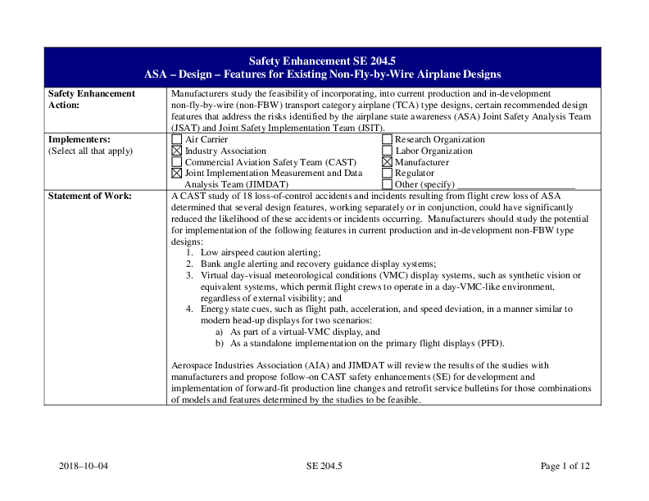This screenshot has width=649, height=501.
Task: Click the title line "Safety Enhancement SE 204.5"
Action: pyautogui.click(x=324, y=61)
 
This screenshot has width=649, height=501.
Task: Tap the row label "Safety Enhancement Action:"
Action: pyautogui.click(x=92, y=99)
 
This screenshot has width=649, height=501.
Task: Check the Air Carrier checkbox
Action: pyautogui.click(x=177, y=139)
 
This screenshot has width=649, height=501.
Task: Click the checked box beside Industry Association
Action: pyautogui.click(x=177, y=151)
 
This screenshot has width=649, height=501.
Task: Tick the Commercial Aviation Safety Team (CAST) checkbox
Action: pyautogui.click(x=177, y=162)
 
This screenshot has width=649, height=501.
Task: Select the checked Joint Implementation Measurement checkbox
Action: pyautogui.click(x=177, y=174)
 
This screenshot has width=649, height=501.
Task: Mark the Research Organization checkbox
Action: pyautogui.click(x=388, y=139)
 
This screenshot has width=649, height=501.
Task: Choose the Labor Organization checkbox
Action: pyautogui.click(x=388, y=151)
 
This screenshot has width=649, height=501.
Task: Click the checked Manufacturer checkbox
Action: pyautogui.click(x=388, y=162)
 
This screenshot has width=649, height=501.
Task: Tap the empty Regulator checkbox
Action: pyautogui.click(x=388, y=174)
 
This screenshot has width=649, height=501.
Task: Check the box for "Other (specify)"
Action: pyautogui.click(x=388, y=185)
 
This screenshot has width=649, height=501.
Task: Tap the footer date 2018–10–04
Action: pyautogui.click(x=84, y=467)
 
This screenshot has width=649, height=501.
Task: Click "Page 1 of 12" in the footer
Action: pyautogui.click(x=565, y=467)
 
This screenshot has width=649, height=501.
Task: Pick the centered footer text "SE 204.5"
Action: pyautogui.click(x=324, y=467)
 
